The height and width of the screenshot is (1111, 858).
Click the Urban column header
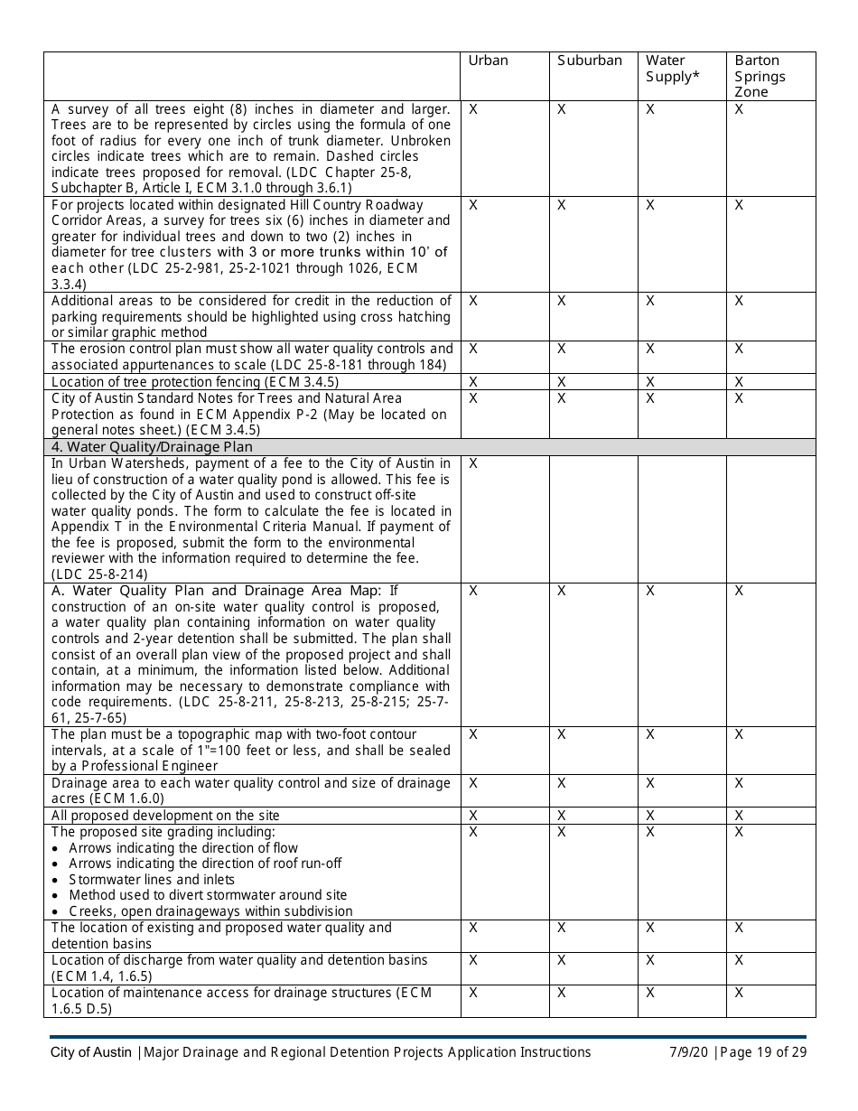point(488,61)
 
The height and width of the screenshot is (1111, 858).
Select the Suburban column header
point(589,61)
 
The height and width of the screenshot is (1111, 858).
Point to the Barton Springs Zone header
point(760,76)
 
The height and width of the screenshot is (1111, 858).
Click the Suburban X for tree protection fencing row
point(561,382)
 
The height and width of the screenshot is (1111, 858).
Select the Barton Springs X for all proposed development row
point(739,816)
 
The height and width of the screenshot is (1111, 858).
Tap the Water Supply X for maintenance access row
point(650,993)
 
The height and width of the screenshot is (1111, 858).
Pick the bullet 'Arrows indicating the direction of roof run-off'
point(205,864)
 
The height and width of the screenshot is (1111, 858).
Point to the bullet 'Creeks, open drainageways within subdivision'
point(210,911)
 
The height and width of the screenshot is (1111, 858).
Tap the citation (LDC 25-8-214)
point(99,574)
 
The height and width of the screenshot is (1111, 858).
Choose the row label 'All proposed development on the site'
point(165,816)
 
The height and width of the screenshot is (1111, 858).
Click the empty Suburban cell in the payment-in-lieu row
point(593,519)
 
